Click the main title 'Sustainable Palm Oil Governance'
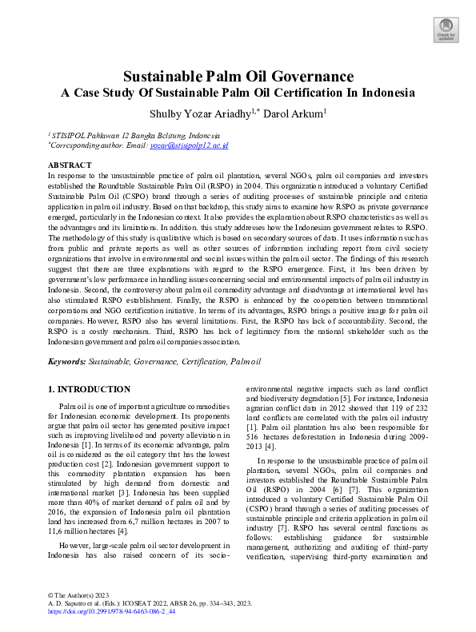pyautogui.click(x=238, y=77)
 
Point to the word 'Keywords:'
pyautogui.click(x=67, y=361)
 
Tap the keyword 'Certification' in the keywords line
pyautogui.click(x=204, y=361)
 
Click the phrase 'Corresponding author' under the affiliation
pyautogui.click(x=86, y=145)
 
